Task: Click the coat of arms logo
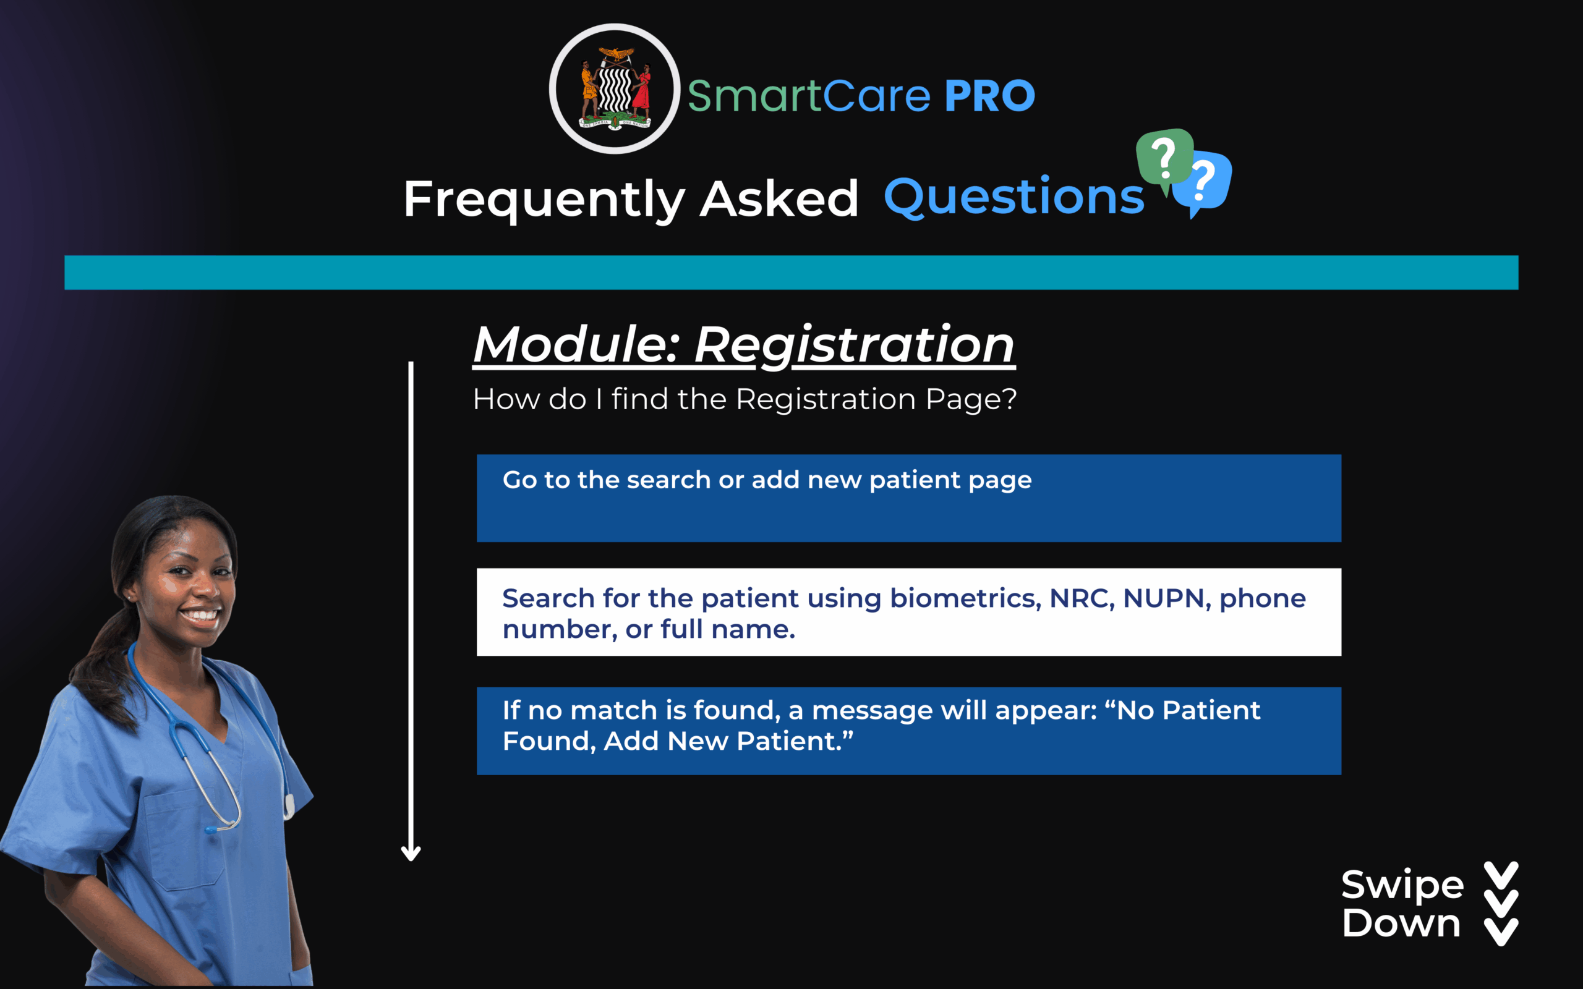[614, 89]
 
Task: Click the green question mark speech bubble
[1164, 159]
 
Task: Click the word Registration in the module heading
[855, 345]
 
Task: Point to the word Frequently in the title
[544, 200]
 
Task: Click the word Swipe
[1402, 886]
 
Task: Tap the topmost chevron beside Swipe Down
[1501, 876]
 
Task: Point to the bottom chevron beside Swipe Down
[1501, 932]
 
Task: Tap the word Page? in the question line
[971, 400]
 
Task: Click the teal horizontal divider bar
[791, 272]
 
